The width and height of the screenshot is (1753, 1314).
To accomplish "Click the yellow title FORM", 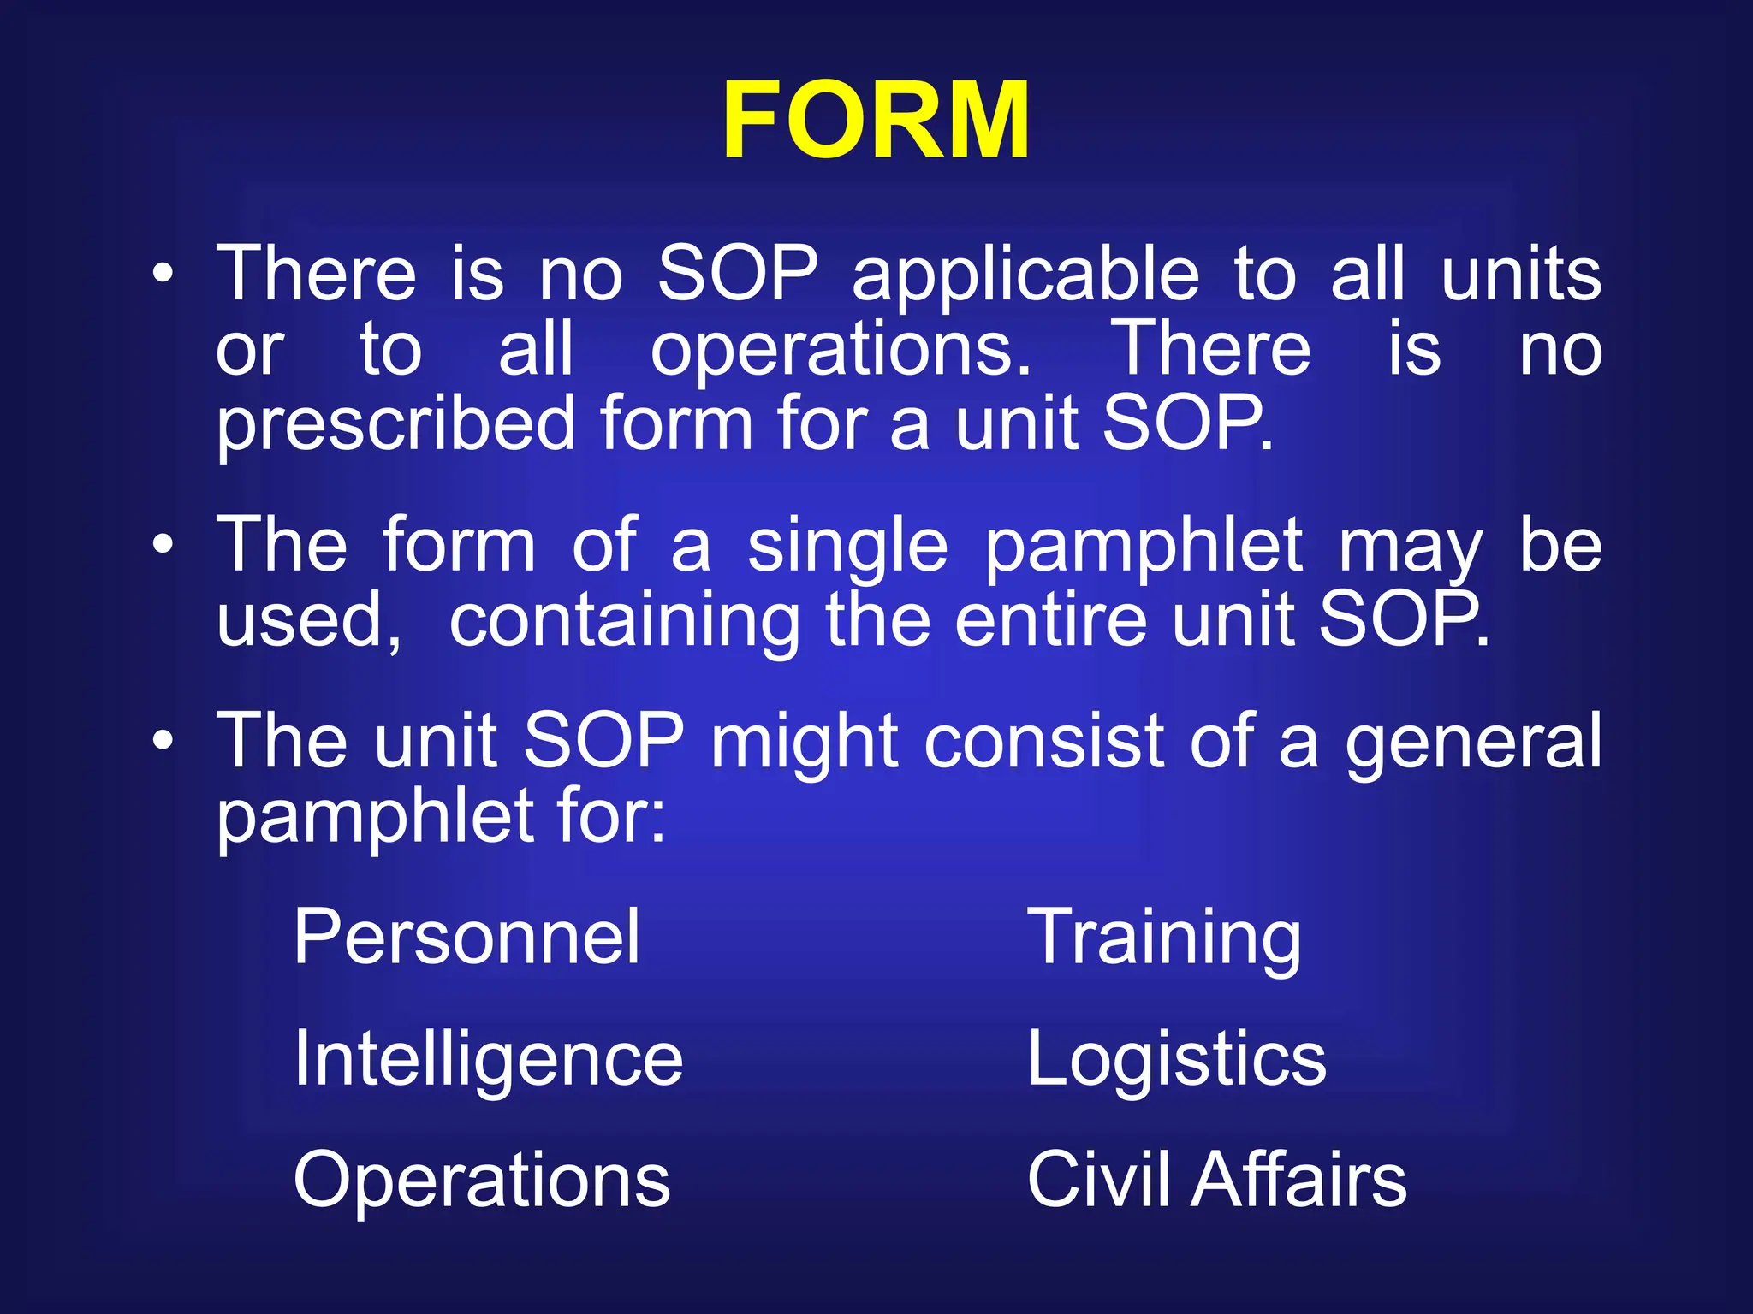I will pos(876,121).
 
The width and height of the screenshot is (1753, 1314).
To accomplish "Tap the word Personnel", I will pos(466,938).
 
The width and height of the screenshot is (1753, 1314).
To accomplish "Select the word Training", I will pos(1164,938).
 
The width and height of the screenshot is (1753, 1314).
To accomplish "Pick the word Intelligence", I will pos(488,1060).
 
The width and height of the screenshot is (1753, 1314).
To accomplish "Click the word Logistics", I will pos(1176,1060).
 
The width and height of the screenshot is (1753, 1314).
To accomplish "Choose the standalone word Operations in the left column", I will pos(481,1181).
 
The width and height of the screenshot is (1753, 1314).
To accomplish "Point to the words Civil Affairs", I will pos(1216,1181).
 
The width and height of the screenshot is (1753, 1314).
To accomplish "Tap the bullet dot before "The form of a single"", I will pos(163,545).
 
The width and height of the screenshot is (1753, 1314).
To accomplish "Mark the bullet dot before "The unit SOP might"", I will pos(163,740).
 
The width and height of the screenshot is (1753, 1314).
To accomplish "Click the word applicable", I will pos(1025,275).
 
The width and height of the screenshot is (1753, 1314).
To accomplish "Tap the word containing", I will pos(624,622).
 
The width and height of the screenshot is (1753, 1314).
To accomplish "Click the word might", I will pos(805,741).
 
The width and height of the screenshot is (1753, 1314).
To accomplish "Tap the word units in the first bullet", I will pos(1521,275).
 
